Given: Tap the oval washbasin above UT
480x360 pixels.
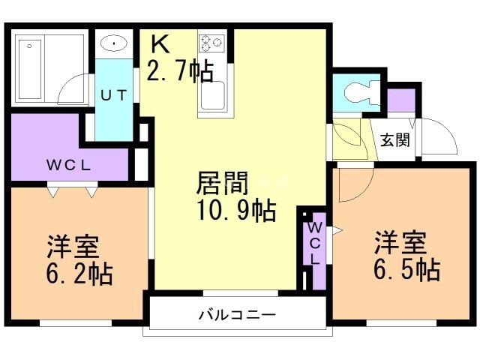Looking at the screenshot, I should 113,44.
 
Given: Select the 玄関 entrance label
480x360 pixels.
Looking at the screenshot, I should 394,139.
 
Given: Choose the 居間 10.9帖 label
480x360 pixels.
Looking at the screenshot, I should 235,196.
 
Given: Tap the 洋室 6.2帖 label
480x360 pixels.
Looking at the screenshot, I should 78,259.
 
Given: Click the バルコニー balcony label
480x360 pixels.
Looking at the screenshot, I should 237,313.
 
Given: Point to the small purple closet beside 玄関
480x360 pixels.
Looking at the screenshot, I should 400,100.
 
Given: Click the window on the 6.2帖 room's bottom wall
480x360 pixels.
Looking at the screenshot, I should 75,323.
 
